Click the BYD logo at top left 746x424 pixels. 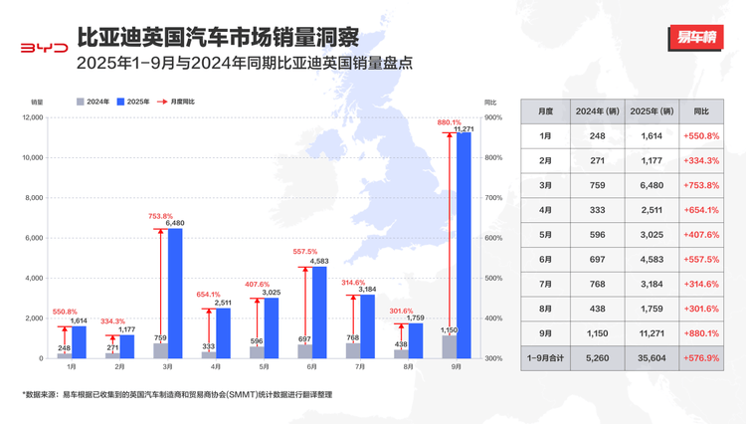[x=45, y=47]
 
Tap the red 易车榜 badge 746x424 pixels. [x=695, y=39]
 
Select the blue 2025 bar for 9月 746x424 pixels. [x=463, y=245]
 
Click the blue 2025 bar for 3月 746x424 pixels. [x=174, y=293]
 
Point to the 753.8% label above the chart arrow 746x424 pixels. [x=161, y=216]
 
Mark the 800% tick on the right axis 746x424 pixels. [x=491, y=157]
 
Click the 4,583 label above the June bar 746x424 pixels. [x=319, y=261]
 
